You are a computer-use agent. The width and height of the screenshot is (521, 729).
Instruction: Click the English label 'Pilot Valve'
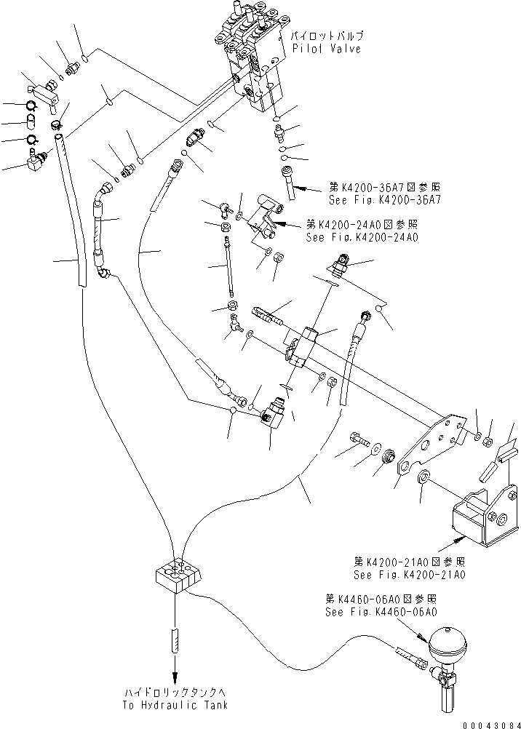[326, 49]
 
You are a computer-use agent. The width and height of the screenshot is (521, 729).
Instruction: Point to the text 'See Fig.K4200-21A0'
[410, 575]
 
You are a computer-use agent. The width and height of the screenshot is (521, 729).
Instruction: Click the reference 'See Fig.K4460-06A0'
[381, 612]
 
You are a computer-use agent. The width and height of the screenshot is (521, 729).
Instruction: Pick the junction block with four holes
[177, 573]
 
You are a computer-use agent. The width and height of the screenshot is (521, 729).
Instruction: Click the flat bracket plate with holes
[433, 444]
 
